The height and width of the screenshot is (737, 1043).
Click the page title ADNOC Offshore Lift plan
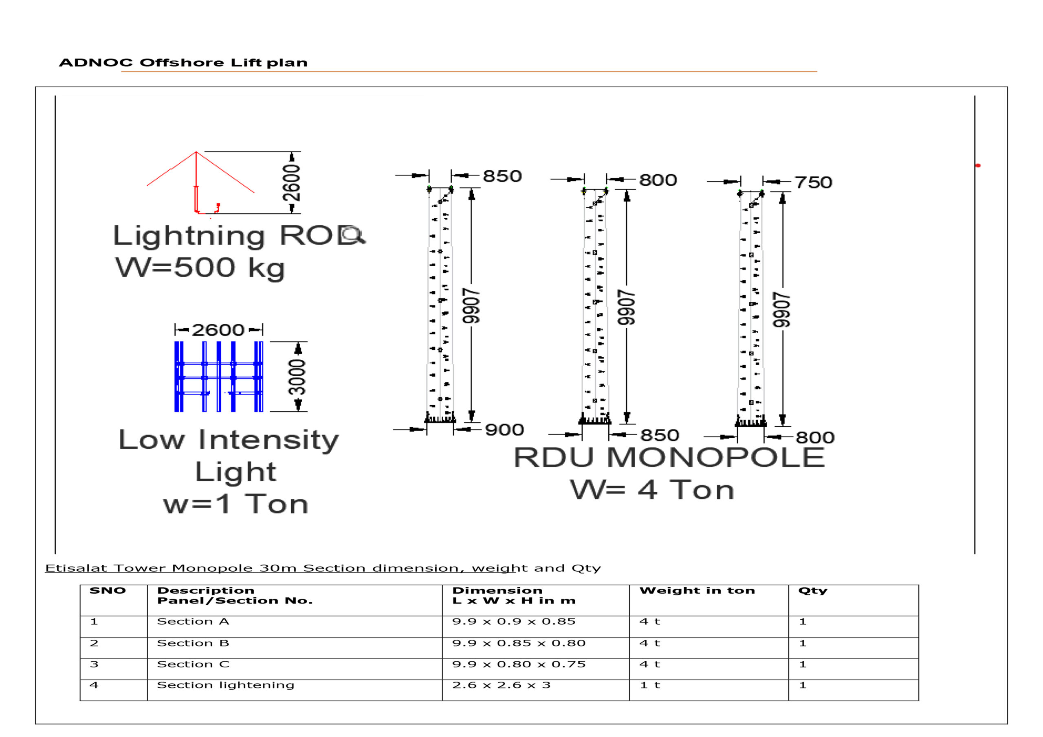pyautogui.click(x=183, y=63)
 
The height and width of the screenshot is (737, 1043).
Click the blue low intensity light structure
pyautogui.click(x=218, y=377)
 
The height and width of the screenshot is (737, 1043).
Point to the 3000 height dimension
pyautogui.click(x=297, y=377)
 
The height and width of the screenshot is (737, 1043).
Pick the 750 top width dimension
pyautogui.click(x=813, y=182)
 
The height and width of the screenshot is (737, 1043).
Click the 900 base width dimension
pyautogui.click(x=504, y=430)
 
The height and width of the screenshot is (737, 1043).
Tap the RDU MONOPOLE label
pyautogui.click(x=669, y=457)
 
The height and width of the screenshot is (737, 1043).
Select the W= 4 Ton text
pyautogui.click(x=652, y=490)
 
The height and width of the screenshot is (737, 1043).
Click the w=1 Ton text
pyautogui.click(x=236, y=504)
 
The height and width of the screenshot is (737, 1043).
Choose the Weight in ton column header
pyautogui.click(x=697, y=591)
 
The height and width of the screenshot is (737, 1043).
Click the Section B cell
pyautogui.click(x=193, y=643)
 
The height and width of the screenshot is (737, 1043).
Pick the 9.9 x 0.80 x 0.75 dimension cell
pyautogui.click(x=519, y=665)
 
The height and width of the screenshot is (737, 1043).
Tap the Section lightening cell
pyautogui.click(x=225, y=685)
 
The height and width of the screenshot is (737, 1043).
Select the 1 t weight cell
pyautogui.click(x=649, y=685)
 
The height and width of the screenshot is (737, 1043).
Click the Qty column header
pyautogui.click(x=813, y=591)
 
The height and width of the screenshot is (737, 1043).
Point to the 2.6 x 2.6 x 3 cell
pyautogui.click(x=501, y=685)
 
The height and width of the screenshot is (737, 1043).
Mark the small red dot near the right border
pyautogui.click(x=978, y=165)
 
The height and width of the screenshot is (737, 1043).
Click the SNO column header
pyautogui.click(x=108, y=591)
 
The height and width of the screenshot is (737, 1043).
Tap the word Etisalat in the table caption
pyautogui.click(x=77, y=568)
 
